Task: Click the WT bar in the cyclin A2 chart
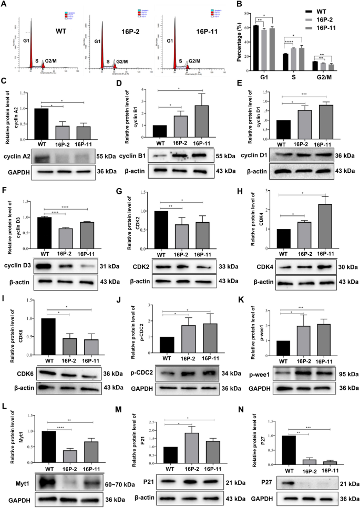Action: [x=38, y=124]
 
